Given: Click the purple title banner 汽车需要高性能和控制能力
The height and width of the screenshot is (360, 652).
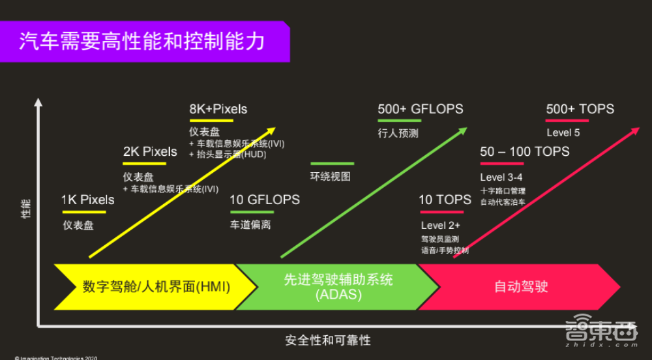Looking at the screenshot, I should pos(143,41).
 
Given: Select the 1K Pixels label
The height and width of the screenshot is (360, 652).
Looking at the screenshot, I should pos(87,200).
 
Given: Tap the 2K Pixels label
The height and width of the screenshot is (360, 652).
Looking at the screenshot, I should pos(150,152).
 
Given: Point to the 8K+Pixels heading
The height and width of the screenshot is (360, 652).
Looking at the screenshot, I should pos(218,109).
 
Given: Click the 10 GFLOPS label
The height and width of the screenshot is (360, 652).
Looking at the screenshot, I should pos(265,200).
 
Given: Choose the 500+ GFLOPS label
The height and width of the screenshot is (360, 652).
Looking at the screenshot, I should pos(421,109).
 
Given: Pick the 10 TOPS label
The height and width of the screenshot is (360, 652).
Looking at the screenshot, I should pos(445,200).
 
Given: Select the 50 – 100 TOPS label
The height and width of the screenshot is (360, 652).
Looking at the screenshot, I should pos(525,152).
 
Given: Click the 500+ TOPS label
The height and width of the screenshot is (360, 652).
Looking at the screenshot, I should pos(580,109).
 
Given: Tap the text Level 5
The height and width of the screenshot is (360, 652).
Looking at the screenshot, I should pos(563,133).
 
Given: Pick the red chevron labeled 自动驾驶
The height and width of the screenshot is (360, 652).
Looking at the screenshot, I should pos(522,287).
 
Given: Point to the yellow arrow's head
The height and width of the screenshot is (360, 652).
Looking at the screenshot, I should pos(272,130).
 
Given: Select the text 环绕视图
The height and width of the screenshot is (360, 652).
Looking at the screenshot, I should pos(330,177).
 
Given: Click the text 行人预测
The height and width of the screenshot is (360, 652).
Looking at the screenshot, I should pos(398,133).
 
